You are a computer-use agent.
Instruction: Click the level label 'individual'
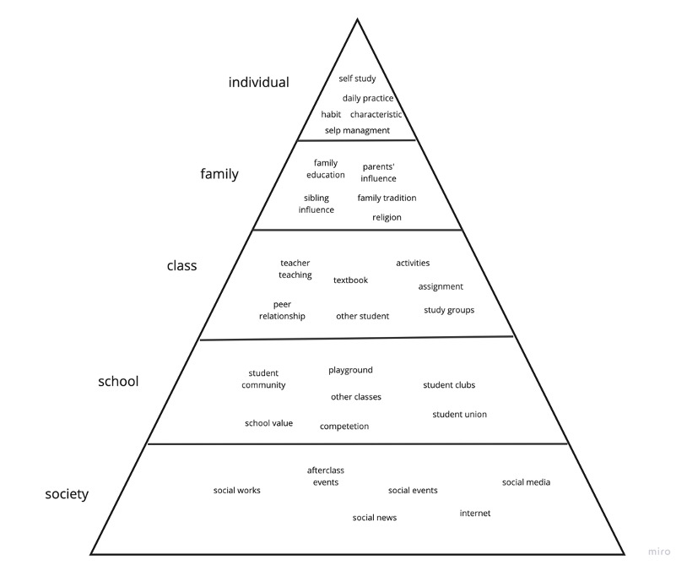coord(258,83)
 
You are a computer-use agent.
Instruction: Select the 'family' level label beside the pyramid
coord(219,175)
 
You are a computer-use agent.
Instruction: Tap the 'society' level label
coord(67,494)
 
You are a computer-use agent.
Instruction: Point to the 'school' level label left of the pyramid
coord(118,382)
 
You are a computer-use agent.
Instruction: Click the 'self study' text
coord(357,79)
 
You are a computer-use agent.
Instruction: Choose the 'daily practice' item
coord(368,98)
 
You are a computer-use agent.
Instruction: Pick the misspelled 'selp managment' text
coord(357,130)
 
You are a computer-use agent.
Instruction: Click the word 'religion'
coord(387,217)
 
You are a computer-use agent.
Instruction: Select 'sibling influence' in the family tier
coord(316,204)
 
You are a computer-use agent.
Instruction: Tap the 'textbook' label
coord(350,280)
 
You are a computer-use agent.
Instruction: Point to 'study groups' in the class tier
coord(449,310)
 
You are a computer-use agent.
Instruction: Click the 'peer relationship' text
coord(282,310)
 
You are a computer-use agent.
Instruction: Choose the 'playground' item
coord(350,370)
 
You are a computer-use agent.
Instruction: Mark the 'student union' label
coord(459,414)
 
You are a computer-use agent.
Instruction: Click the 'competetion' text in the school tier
coord(344,427)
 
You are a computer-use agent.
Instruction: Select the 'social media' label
coord(526,482)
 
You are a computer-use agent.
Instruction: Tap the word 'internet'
coord(474,513)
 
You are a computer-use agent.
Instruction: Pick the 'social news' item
coord(375,517)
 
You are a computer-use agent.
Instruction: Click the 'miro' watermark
coord(659,552)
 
